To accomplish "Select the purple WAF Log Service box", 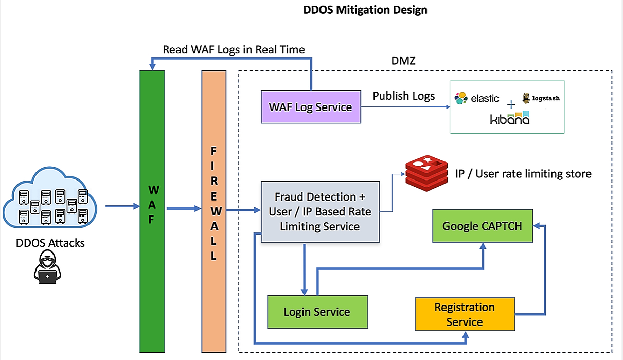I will [x=310, y=107].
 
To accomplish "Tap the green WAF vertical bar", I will [x=152, y=211].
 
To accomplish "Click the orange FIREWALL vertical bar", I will [x=214, y=211].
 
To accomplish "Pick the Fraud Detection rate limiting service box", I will [x=320, y=211].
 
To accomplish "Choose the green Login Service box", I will [x=317, y=312].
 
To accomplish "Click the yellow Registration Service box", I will [x=465, y=314].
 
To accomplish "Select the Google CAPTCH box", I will [x=482, y=226].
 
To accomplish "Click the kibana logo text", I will [x=509, y=119].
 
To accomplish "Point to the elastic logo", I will [x=477, y=98].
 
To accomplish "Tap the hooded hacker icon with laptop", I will [x=47, y=268].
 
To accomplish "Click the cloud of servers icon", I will [x=50, y=202].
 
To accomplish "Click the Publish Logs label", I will [x=404, y=96].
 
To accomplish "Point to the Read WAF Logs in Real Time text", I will [x=234, y=50].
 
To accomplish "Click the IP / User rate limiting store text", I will [x=523, y=174].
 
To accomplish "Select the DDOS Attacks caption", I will [x=50, y=242].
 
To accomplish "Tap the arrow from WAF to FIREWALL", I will [x=183, y=209].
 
